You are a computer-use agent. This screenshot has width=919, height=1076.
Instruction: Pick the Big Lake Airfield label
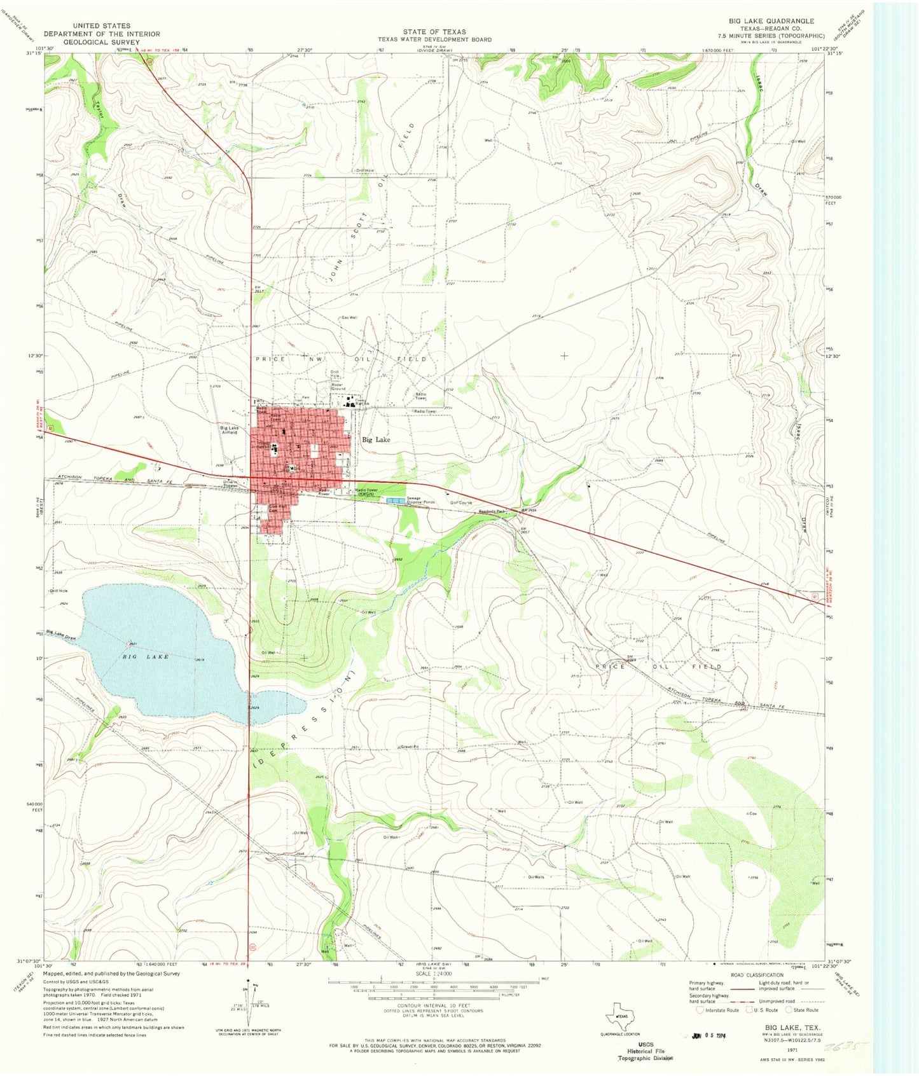[x=229, y=430]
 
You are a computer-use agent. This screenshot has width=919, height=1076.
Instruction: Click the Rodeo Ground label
[x=338, y=387]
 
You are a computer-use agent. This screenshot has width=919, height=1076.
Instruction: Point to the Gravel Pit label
[x=409, y=746]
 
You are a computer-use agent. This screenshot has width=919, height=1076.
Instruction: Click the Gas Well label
[x=349, y=317]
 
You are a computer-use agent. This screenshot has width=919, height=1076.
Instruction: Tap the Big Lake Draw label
[x=61, y=633]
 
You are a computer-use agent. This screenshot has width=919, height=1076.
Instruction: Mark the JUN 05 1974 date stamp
[x=707, y=1035]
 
